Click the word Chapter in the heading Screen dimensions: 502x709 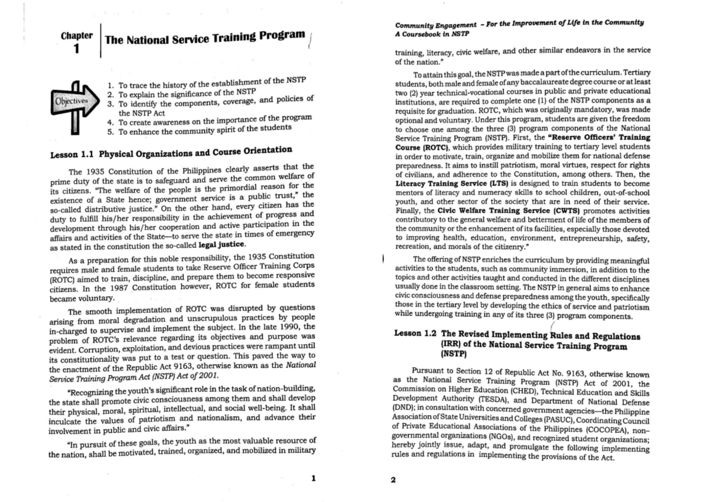pyautogui.click(x=76, y=35)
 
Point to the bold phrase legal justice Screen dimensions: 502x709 pyautogui.click(x=221, y=244)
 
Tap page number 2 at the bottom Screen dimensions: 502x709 pyautogui.click(x=393, y=480)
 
